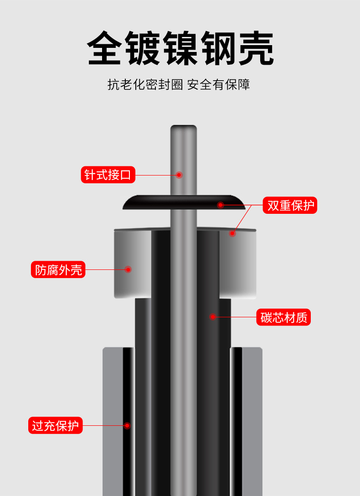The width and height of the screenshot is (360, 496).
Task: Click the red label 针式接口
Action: coord(108,175)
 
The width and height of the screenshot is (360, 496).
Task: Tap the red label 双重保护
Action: coord(290,205)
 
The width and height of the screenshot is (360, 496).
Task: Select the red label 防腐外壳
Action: coord(58,269)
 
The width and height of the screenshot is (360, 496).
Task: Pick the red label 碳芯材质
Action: coord(283,317)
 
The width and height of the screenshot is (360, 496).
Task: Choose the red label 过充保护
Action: coord(55,426)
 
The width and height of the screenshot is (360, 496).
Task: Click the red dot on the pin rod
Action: coord(179,175)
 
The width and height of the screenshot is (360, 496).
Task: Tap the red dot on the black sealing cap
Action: coord(220,205)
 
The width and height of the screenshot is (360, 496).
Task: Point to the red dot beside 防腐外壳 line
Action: coord(128,269)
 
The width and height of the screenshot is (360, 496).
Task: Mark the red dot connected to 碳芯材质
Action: coord(212,317)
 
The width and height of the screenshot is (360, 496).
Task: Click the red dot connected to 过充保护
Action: coord(127,426)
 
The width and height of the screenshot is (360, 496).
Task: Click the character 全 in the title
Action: coord(105,48)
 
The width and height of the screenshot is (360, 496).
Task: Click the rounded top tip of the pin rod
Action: coord(183,129)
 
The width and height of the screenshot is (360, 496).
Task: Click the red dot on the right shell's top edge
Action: coord(232,233)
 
